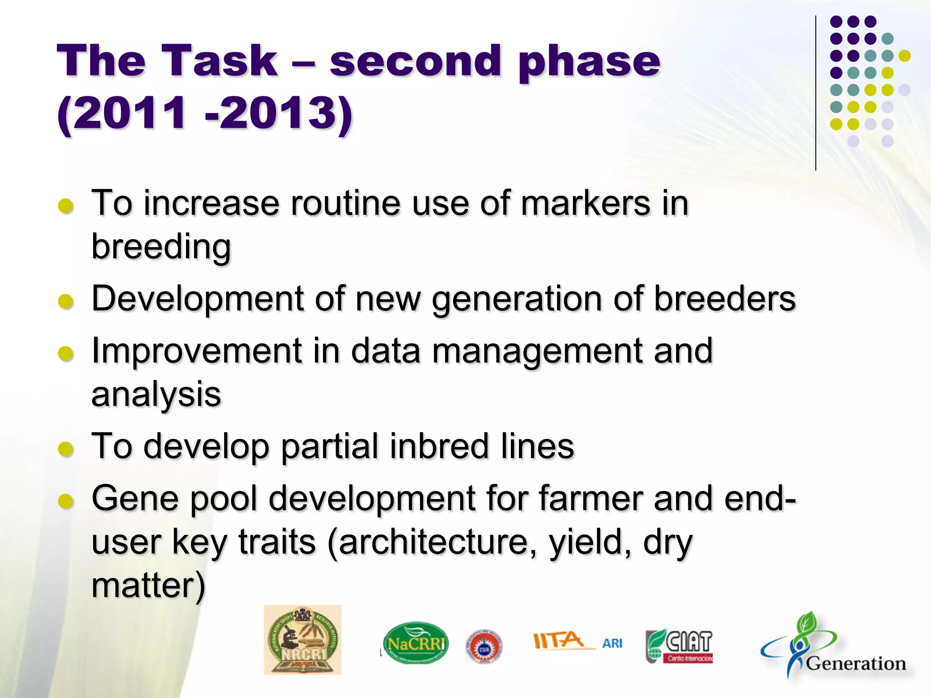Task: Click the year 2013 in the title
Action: tap(279, 113)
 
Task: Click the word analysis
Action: tap(156, 394)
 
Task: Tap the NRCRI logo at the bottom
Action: tap(302, 640)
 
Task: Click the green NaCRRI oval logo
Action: tap(415, 643)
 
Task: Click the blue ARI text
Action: tap(612, 643)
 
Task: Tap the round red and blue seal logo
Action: tap(484, 647)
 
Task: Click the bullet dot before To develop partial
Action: tap(66, 449)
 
